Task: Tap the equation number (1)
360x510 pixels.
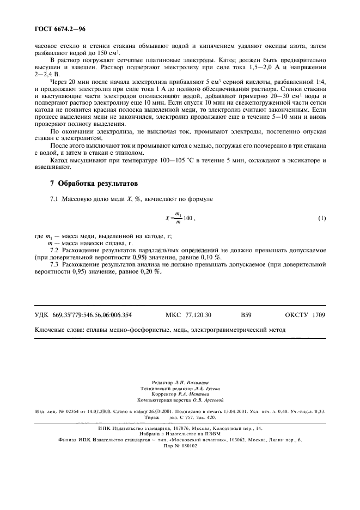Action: point(321,218)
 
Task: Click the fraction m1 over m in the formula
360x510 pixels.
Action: point(177,218)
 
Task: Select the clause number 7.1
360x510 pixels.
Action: point(54,200)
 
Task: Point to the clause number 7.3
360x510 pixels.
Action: point(54,264)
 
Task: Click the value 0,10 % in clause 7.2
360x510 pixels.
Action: point(209,257)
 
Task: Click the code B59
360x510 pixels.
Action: point(247,315)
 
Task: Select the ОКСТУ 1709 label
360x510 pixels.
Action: point(305,315)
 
